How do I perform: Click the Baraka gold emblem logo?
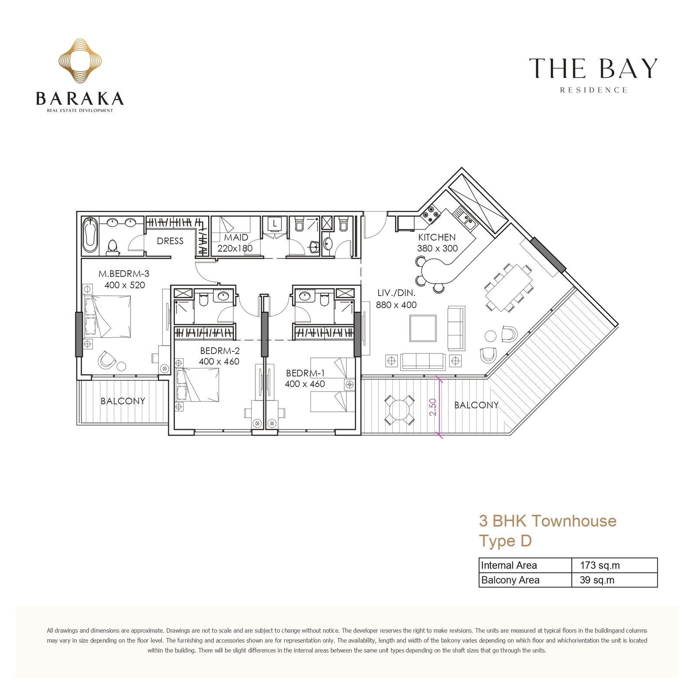click(x=80, y=61)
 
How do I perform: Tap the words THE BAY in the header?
click(x=593, y=69)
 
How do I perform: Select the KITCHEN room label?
click(x=437, y=237)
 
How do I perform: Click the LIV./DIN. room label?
click(x=396, y=293)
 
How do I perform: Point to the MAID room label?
click(x=236, y=237)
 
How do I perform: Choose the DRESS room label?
click(x=170, y=241)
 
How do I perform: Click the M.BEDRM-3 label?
click(x=124, y=274)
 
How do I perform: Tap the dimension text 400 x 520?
click(x=124, y=285)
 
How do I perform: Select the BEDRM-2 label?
click(x=219, y=350)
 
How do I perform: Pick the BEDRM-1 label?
click(x=305, y=373)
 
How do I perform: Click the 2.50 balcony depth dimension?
click(x=432, y=407)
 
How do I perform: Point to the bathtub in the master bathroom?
click(x=90, y=235)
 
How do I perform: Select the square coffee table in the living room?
click(x=423, y=328)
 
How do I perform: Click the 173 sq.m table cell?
click(x=600, y=565)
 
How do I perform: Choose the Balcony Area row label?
click(x=510, y=580)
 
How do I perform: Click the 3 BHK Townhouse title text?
click(x=547, y=520)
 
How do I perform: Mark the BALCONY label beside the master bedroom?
click(x=123, y=401)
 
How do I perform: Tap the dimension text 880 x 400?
click(x=396, y=305)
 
